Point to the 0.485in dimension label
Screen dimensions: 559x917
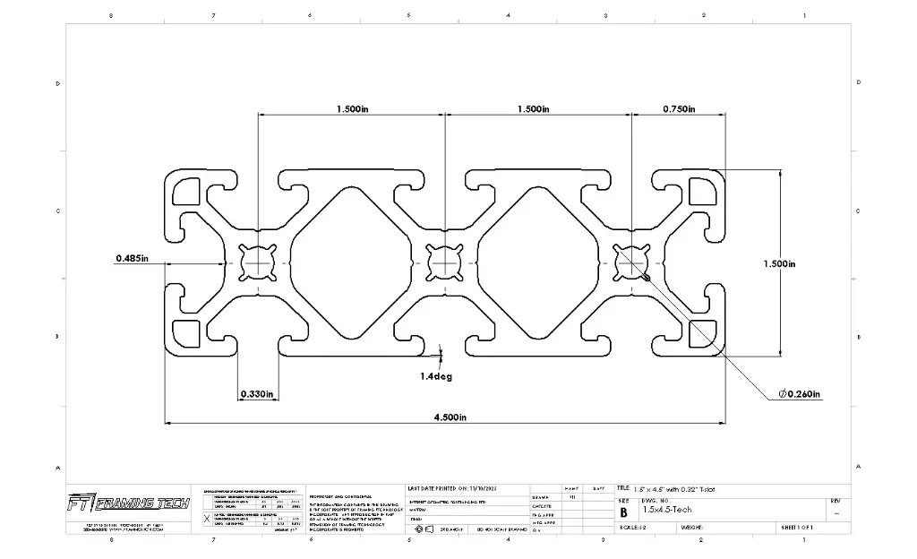(132, 259)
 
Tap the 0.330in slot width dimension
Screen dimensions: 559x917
(256, 393)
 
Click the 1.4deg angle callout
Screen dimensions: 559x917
(436, 376)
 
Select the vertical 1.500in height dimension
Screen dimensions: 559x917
(779, 263)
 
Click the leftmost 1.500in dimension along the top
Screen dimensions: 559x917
(353, 109)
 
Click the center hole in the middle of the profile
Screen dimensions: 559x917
(443, 262)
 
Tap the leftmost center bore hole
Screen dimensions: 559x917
(259, 262)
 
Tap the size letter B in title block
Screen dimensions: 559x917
(623, 512)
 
